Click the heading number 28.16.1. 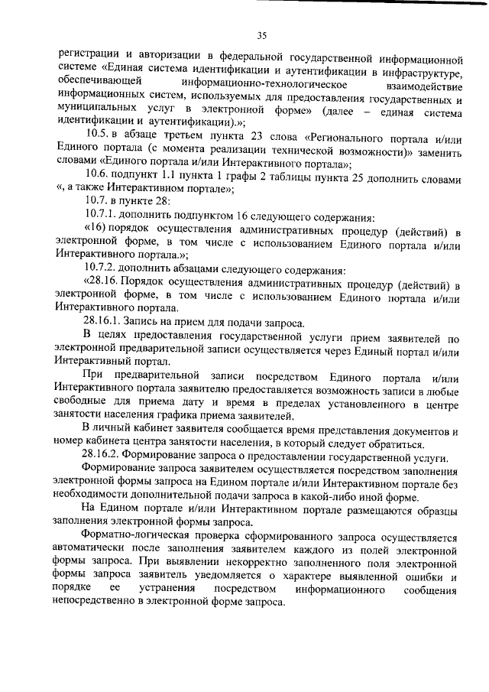point(107,323)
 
